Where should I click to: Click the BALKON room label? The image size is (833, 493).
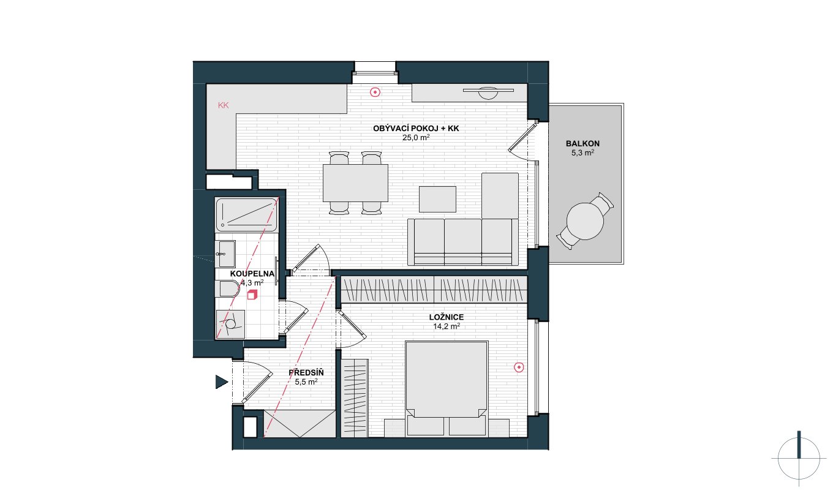click(582, 143)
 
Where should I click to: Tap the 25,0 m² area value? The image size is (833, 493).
click(416, 138)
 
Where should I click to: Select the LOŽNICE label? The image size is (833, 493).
click(447, 317)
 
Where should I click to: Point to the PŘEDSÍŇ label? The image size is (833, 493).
click(306, 372)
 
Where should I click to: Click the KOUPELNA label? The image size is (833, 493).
click(252, 274)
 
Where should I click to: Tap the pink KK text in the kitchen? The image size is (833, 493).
click(224, 105)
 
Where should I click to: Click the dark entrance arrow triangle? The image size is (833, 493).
click(221, 382)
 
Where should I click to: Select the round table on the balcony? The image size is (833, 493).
click(585, 221)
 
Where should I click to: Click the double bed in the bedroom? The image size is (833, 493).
click(447, 388)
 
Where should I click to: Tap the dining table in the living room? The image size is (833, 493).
click(355, 183)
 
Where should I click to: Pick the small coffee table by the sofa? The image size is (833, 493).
click(437, 199)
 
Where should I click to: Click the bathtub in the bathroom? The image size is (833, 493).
click(246, 214)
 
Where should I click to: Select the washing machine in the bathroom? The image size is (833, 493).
click(230, 324)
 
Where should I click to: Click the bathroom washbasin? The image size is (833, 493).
click(227, 254)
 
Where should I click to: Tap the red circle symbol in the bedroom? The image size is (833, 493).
click(519, 367)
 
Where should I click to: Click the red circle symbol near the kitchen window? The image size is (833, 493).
click(375, 92)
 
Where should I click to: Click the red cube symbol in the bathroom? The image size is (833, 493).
click(252, 295)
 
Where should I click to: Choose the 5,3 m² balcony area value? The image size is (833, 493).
click(582, 153)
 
